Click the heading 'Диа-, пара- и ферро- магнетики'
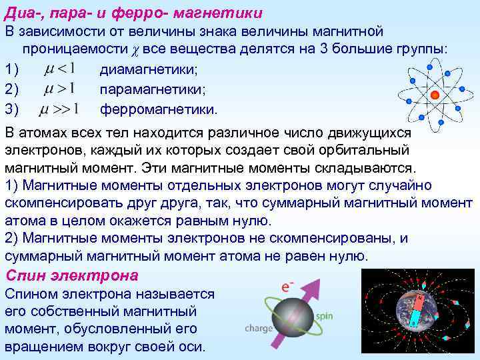tap(133, 12)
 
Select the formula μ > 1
tap(58, 88)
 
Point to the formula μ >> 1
tap(61, 108)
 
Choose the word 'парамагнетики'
tap(153, 89)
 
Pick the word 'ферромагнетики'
tap(159, 109)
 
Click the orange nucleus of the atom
tap(434, 94)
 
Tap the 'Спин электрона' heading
tap(71, 275)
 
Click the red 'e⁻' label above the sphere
tap(288, 287)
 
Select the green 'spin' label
tap(325, 316)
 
